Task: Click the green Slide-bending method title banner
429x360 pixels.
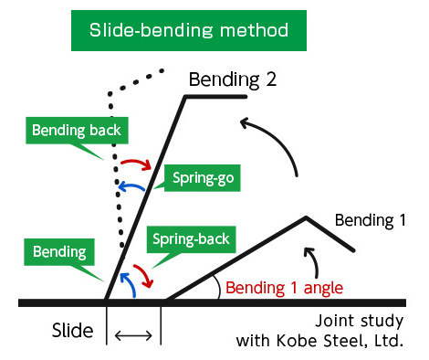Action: click(189, 29)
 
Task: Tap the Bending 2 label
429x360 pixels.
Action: click(232, 78)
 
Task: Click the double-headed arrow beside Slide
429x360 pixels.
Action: click(133, 337)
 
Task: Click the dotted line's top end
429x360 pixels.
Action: click(162, 69)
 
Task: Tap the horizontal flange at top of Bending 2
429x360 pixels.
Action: click(217, 96)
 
